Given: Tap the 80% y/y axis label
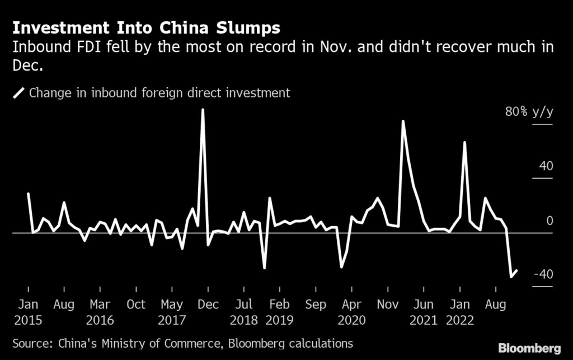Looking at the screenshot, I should pyautogui.click(x=529, y=112).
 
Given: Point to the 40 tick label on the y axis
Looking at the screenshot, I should pyautogui.click(x=546, y=166).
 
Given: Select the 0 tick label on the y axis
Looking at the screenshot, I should pyautogui.click(x=549, y=221).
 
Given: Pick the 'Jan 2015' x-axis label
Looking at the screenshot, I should pyautogui.click(x=28, y=312).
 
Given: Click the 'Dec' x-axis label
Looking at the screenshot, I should pyautogui.click(x=208, y=305).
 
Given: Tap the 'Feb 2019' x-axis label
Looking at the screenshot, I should pyautogui.click(x=279, y=312).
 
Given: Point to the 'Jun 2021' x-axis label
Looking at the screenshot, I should pyautogui.click(x=423, y=312).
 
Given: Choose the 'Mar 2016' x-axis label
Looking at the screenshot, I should pyautogui.click(x=100, y=312).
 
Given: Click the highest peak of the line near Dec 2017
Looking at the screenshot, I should pyautogui.click(x=203, y=110).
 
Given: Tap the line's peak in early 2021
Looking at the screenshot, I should pyautogui.click(x=402, y=121).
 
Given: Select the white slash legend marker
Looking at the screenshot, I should pyautogui.click(x=19, y=93).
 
